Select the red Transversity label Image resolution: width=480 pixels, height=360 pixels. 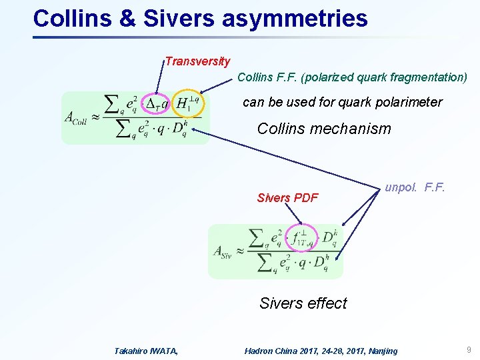coord(198,61)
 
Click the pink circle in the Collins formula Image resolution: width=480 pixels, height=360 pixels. coord(158,104)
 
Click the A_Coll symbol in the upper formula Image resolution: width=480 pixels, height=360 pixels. coord(75,118)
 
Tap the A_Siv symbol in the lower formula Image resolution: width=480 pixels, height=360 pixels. coord(224,251)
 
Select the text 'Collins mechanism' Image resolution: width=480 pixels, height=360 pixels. coord(324,129)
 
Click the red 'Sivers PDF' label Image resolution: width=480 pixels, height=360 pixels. coord(287,197)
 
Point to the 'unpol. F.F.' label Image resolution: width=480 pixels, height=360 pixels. coord(415,188)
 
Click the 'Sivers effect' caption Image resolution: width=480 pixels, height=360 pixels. coord(303,303)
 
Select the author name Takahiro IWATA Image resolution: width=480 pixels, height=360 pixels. coord(146,351)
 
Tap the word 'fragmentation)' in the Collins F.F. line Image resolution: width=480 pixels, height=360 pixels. coord(427,77)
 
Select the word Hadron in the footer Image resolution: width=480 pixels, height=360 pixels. coord(259,351)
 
